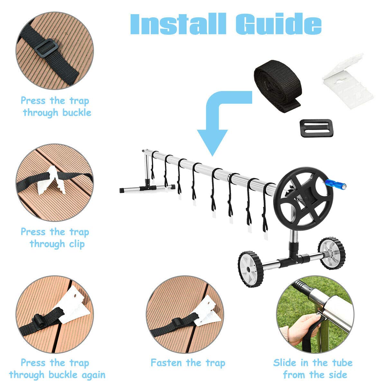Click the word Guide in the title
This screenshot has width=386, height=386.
click(x=278, y=24)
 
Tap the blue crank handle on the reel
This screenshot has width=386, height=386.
click(x=335, y=184)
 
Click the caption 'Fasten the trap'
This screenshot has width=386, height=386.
click(x=188, y=363)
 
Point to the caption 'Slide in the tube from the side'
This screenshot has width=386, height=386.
click(x=313, y=369)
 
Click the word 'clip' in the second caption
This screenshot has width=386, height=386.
click(x=77, y=244)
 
